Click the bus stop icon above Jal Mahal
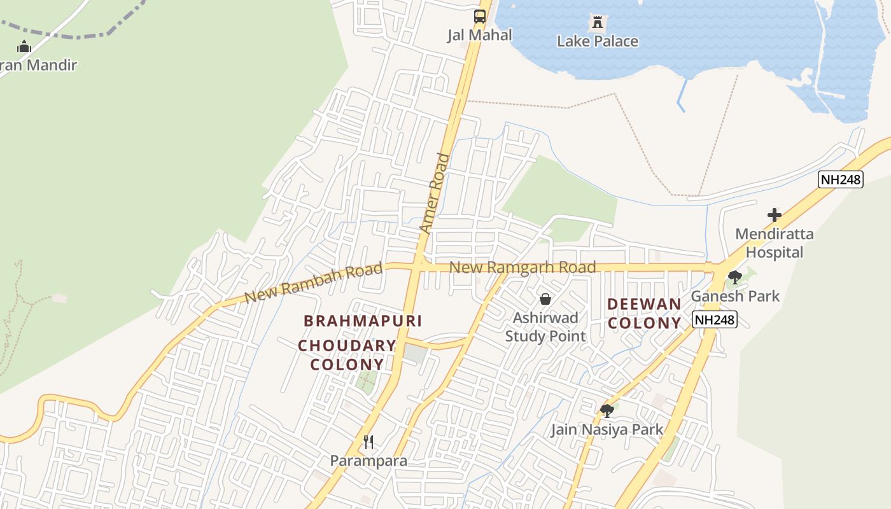tap(480, 17)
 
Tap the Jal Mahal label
tap(479, 35)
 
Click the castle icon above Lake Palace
tap(597, 23)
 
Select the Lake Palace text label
tap(597, 41)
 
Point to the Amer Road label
tap(435, 193)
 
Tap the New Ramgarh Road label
tap(523, 267)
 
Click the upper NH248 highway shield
tap(840, 179)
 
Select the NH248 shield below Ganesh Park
tap(715, 319)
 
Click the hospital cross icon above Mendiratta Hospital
tap(774, 215)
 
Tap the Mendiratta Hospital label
tap(774, 243)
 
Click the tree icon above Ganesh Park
tap(735, 277)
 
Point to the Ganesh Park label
tap(735, 296)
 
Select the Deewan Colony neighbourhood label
tap(644, 314)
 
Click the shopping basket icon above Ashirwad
tap(545, 299)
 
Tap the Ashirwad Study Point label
tap(545, 326)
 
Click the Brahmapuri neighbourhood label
tap(363, 321)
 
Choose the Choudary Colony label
tap(347, 355)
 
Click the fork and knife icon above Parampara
tap(368, 442)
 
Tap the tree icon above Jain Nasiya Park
tap(607, 410)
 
